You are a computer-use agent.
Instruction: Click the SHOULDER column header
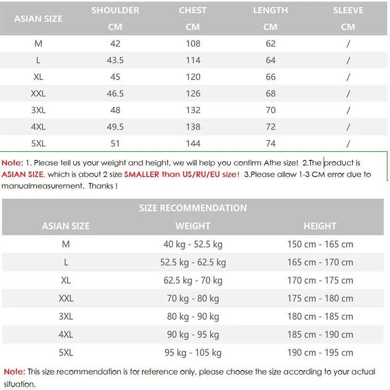pos(115,11)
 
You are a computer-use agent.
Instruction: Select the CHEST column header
pos(193,11)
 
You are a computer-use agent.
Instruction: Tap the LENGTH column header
pos(270,11)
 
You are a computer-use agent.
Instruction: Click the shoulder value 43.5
pos(115,60)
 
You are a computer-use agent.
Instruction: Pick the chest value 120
pos(193,77)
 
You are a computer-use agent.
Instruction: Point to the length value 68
pos(271,94)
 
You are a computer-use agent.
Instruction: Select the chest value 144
pos(193,143)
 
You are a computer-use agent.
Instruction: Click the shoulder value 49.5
pos(115,127)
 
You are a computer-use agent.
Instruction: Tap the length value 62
pos(271,44)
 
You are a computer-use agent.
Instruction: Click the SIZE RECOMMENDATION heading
pos(193,208)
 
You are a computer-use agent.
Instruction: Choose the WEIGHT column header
pos(193,226)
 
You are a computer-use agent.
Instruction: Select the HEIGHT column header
pos(320,226)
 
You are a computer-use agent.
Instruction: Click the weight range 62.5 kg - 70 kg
pos(193,280)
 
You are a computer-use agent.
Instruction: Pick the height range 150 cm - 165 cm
pos(320,244)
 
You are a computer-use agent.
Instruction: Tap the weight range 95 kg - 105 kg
pos(193,352)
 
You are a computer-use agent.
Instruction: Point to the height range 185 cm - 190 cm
pos(320,334)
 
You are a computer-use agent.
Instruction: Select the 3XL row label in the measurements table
pos(39,110)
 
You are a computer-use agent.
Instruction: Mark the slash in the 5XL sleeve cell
pos(348,143)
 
